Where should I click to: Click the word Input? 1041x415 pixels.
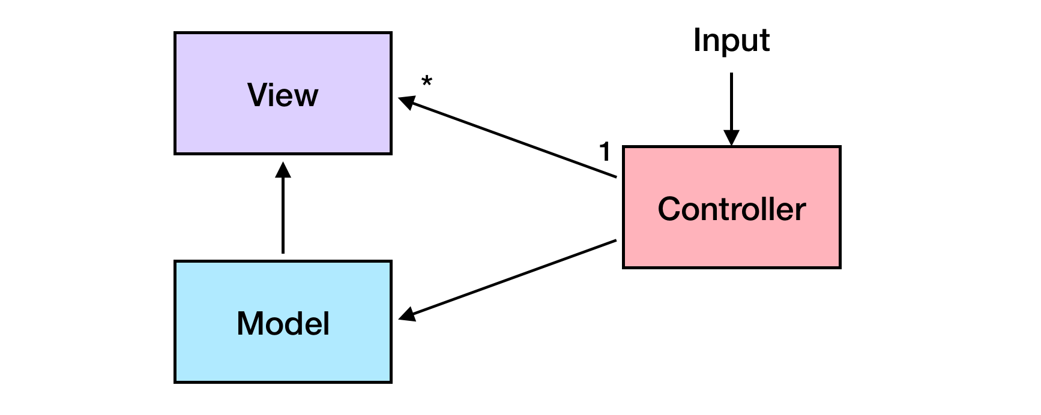point(731,41)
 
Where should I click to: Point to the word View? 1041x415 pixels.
point(282,95)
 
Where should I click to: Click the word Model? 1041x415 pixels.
point(283,323)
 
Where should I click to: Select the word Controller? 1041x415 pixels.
point(731,209)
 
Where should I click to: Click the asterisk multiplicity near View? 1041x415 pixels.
point(426,82)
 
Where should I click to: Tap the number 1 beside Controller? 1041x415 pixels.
point(605,152)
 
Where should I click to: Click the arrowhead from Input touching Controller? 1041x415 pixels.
point(731,138)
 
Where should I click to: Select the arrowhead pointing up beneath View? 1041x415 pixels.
point(283,170)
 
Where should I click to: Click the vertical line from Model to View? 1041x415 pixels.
point(283,216)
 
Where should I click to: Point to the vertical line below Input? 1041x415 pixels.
point(731,99)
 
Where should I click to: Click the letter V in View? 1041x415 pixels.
point(257,95)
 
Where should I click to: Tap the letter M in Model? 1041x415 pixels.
point(250,323)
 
